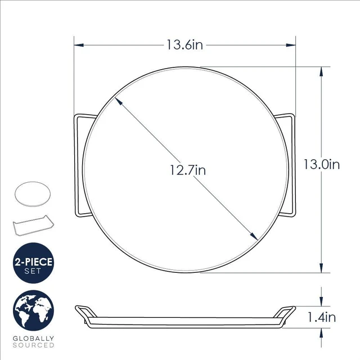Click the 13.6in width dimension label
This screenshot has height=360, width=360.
pyautogui.click(x=184, y=45)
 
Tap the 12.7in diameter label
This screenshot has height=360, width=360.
pyautogui.click(x=187, y=170)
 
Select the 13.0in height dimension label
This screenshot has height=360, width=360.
pyautogui.click(x=321, y=164)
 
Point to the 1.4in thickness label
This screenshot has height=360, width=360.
pyautogui.click(x=321, y=317)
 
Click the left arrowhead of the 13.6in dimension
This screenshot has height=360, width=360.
pyautogui.click(x=79, y=45)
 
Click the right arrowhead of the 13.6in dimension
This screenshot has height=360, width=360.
pyautogui.click(x=291, y=45)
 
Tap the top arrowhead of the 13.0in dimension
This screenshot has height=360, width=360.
pyautogui.click(x=321, y=71)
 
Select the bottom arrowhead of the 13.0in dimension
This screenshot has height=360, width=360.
pyautogui.click(x=321, y=268)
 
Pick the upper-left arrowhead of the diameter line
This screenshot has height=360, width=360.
pyautogui.click(x=118, y=101)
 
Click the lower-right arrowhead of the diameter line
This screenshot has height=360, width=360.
pyautogui.click(x=254, y=236)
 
